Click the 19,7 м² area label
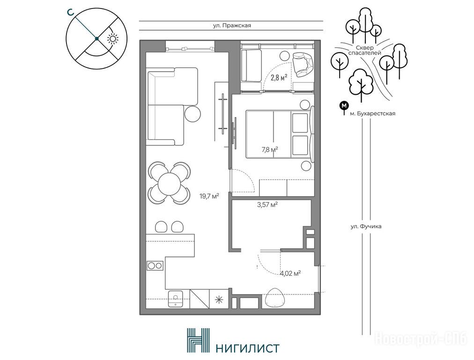pyautogui.click(x=209, y=196)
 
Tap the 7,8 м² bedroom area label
pyautogui.click(x=270, y=149)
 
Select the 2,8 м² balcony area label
pyautogui.click(x=279, y=77)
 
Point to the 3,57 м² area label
pyautogui.click(x=267, y=205)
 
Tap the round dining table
pyautogui.click(x=169, y=183)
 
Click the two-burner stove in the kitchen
pyautogui.click(x=155, y=266)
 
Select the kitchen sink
pyautogui.click(x=176, y=299)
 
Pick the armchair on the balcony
pyautogui.click(x=303, y=64)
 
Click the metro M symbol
pyautogui.click(x=344, y=105)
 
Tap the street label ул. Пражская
pyautogui.click(x=232, y=26)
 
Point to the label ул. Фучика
pyautogui.click(x=366, y=226)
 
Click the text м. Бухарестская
pyautogui.click(x=372, y=114)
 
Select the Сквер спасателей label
pyautogui.click(x=364, y=50)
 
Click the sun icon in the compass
pyautogui.click(x=113, y=39)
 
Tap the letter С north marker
pyautogui.click(x=70, y=12)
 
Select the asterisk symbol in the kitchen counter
pyautogui.click(x=218, y=299)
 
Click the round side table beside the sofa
pyautogui.click(x=193, y=113)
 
